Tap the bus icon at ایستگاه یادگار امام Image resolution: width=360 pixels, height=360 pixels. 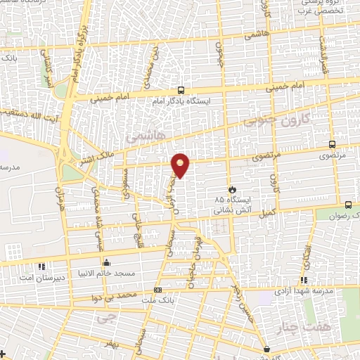coord(181,90)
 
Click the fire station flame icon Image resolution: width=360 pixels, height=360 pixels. coord(232,189)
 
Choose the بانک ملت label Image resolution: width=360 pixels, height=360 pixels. coord(158,300)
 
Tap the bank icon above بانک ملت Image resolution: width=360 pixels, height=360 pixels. coord(157,289)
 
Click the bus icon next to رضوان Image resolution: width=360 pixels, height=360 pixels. coord(348,205)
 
